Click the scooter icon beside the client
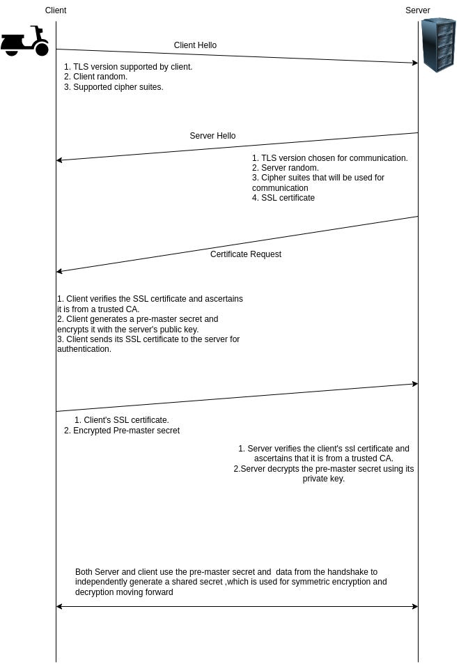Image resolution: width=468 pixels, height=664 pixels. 25,42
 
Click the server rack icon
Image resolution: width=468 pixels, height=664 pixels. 438,45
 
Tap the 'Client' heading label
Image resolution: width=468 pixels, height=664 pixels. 56,10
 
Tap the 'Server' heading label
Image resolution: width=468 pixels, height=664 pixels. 418,10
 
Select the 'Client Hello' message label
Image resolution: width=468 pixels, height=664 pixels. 195,45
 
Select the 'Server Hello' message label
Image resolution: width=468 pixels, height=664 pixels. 212,136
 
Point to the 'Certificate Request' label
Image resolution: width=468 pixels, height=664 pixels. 246,254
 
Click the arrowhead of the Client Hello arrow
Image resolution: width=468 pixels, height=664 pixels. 414,63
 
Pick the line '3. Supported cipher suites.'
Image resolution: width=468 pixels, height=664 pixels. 114,87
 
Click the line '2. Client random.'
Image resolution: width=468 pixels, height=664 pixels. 95,77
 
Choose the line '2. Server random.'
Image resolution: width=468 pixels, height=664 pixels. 286,168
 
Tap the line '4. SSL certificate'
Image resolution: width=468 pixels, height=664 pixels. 283,198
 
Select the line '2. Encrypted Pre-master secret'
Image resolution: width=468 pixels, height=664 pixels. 122,431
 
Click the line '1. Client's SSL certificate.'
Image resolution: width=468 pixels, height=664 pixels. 122,420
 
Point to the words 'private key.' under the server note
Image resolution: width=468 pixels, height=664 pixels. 324,479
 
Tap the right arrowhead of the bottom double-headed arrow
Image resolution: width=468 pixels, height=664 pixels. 414,606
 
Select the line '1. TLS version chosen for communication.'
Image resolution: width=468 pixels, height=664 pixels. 330,158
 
